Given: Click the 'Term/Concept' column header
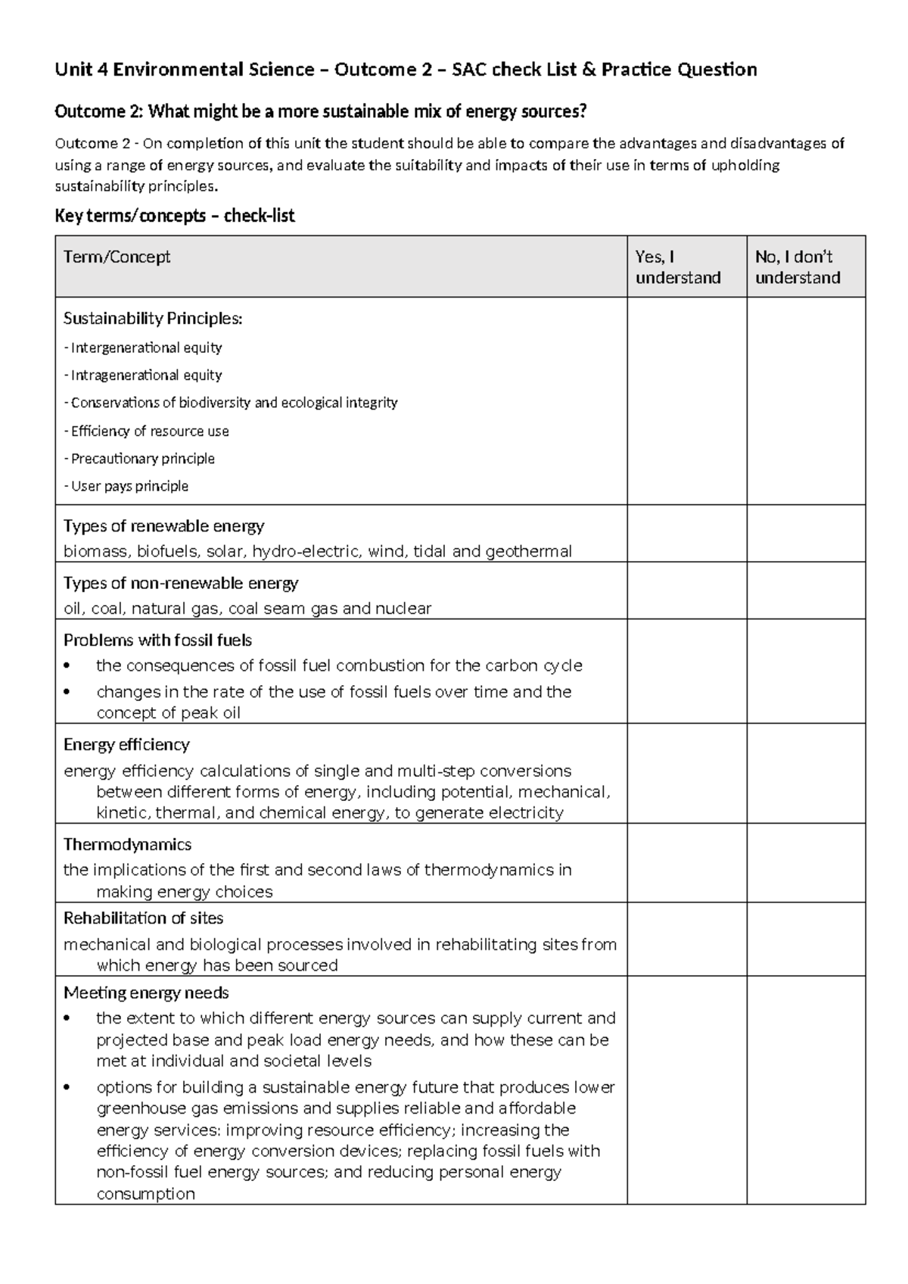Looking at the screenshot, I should click(117, 257).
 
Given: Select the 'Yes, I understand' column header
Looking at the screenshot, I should click(678, 267).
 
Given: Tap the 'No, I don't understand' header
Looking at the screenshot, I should click(798, 267).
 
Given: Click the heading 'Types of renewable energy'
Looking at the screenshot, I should click(163, 526).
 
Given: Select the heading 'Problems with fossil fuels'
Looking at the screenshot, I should click(157, 640).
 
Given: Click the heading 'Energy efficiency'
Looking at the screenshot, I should click(126, 745).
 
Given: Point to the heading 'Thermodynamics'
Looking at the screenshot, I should click(127, 845).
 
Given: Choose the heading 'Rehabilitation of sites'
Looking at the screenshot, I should click(143, 918).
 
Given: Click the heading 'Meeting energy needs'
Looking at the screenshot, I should click(146, 993).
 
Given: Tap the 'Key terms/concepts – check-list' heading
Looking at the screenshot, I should click(175, 217).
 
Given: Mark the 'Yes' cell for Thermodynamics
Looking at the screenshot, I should click(686, 862).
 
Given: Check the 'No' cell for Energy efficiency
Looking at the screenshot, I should click(806, 773).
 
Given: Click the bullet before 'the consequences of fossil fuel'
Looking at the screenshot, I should click(68, 666).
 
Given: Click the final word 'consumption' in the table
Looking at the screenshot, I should click(145, 1194).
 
